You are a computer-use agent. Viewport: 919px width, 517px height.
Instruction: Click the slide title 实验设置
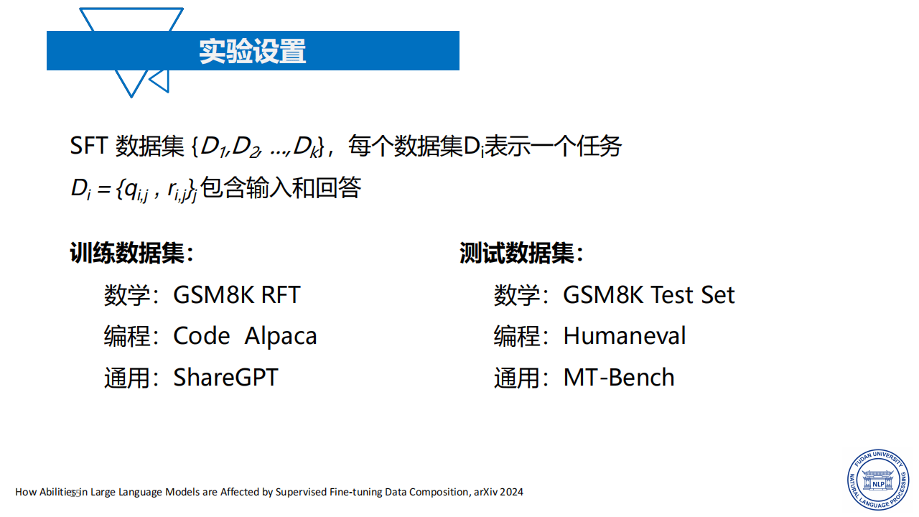tap(252, 51)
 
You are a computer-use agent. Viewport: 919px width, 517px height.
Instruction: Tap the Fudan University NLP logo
tap(878, 480)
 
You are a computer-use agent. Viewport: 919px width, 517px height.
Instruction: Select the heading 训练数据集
tap(131, 253)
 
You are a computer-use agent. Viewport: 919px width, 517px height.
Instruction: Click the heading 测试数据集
tap(521, 253)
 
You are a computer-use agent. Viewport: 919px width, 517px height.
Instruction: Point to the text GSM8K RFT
tap(237, 294)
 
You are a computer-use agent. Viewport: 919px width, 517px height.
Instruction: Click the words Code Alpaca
tap(245, 335)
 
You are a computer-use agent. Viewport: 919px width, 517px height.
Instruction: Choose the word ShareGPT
tap(225, 378)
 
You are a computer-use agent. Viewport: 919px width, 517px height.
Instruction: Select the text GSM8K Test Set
tap(648, 294)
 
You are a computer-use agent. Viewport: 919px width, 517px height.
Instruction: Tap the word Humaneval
tap(625, 335)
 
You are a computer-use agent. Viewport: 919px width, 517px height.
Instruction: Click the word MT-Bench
tap(619, 378)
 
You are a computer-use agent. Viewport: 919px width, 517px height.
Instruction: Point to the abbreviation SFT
tap(88, 146)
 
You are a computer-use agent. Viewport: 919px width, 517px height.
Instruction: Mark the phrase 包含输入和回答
tap(281, 188)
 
